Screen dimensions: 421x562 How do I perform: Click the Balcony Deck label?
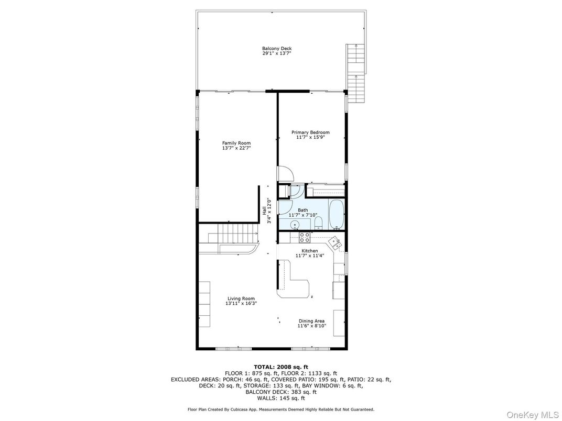pyautogui.click(x=277, y=49)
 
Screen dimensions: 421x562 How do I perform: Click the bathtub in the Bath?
pyautogui.click(x=336, y=214)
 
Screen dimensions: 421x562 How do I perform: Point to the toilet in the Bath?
pyautogui.click(x=318, y=224)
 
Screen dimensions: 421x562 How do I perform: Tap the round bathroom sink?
pyautogui.click(x=295, y=225)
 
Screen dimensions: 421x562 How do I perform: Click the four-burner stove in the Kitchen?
pyautogui.click(x=304, y=238)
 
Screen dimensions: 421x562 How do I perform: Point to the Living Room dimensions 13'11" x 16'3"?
pyautogui.click(x=241, y=303)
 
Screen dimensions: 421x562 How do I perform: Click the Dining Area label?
pyautogui.click(x=311, y=321)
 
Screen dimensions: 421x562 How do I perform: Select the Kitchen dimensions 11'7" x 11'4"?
pyautogui.click(x=310, y=256)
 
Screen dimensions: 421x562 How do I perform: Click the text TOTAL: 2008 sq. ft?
pyautogui.click(x=281, y=367)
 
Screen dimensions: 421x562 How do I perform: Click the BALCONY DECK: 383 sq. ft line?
pyautogui.click(x=281, y=392)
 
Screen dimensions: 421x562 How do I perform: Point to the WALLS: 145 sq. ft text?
pyautogui.click(x=281, y=398)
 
